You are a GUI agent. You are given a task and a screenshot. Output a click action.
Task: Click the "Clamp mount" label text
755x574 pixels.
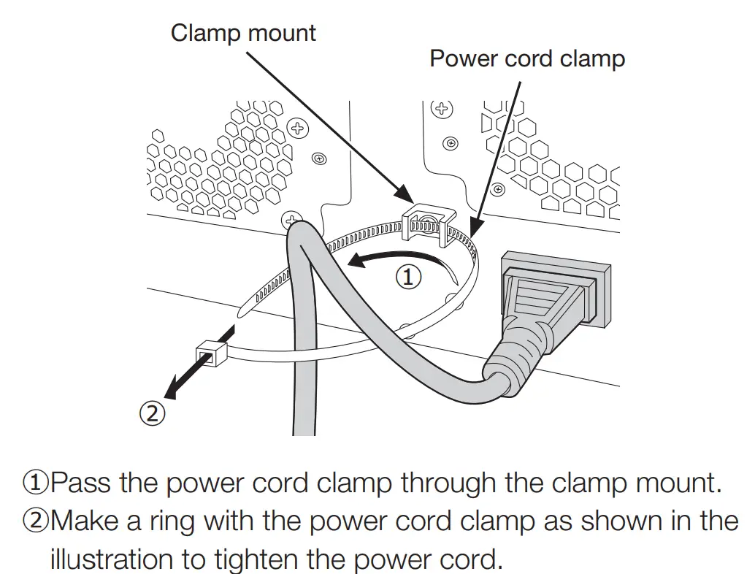(x=243, y=33)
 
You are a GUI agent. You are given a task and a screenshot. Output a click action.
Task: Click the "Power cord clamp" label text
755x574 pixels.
(x=527, y=58)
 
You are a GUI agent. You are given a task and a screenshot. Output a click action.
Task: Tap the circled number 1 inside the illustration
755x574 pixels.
(x=409, y=277)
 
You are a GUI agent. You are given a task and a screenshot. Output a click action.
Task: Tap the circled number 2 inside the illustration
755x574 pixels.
(x=151, y=413)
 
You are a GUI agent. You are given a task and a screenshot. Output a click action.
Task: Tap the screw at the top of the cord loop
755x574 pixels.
(x=292, y=219)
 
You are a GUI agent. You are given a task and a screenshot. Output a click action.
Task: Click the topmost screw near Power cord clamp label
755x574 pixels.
(x=440, y=109)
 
